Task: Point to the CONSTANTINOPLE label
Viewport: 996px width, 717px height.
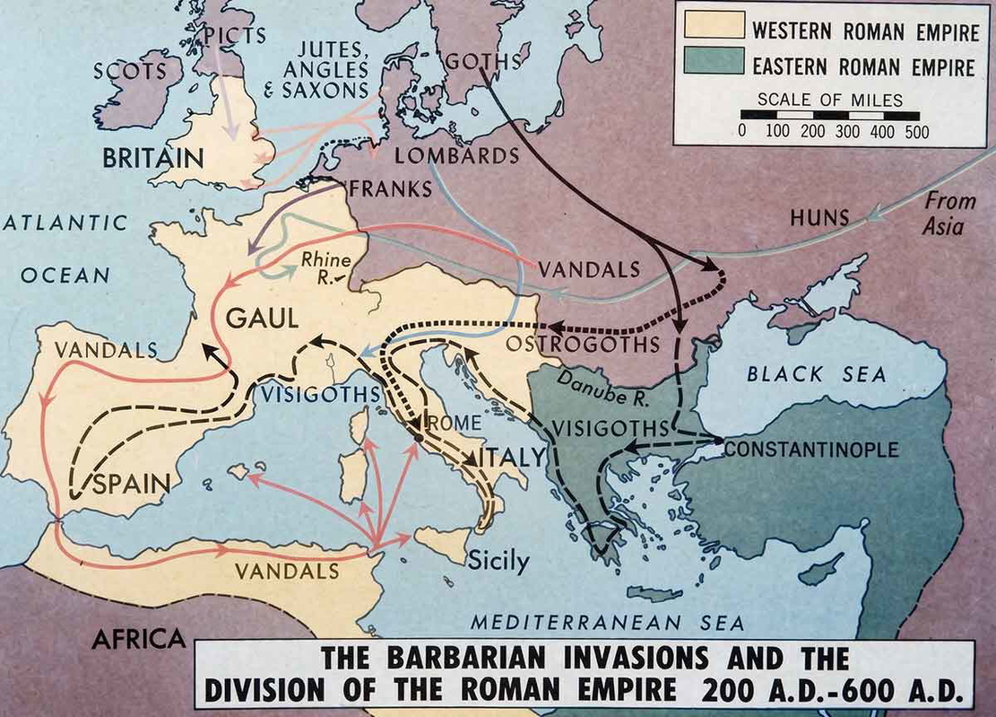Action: pyautogui.click(x=810, y=448)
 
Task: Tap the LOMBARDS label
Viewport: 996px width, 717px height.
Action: pyautogui.click(x=457, y=156)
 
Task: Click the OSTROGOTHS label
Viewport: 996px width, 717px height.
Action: pyautogui.click(x=583, y=344)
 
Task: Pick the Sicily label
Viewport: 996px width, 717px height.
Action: pyautogui.click(x=498, y=563)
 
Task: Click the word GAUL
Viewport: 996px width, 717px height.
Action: pyautogui.click(x=262, y=318)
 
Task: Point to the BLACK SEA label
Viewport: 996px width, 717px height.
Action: pyautogui.click(x=816, y=375)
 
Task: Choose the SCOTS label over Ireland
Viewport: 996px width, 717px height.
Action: pyautogui.click(x=130, y=70)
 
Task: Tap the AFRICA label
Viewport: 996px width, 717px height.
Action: pyautogui.click(x=139, y=638)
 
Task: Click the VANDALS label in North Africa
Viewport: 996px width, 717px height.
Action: pyautogui.click(x=287, y=571)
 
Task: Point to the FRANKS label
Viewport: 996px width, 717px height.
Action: pyautogui.click(x=393, y=189)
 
